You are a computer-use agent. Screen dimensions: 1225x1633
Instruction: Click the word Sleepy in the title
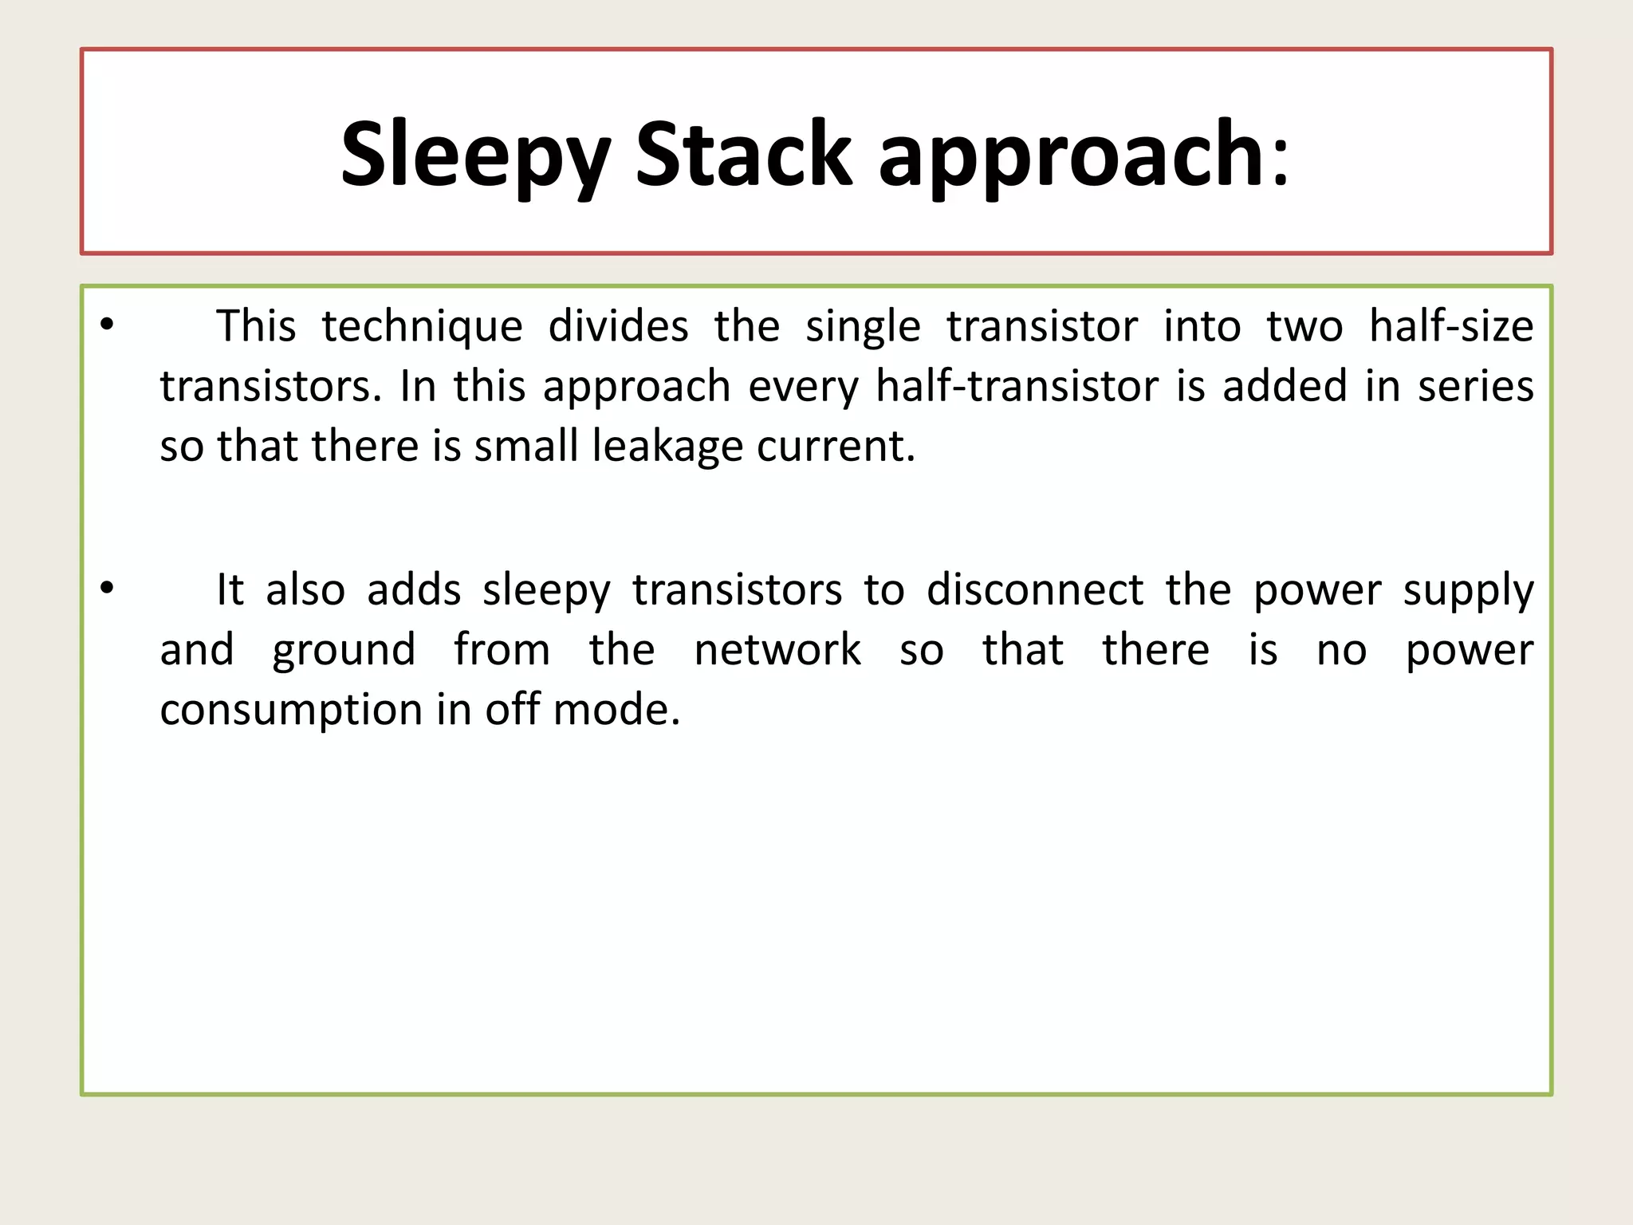pos(475,154)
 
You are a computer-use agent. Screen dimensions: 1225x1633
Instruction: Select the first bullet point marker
pos(108,325)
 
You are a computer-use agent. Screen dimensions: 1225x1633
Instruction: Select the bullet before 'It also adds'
pos(108,589)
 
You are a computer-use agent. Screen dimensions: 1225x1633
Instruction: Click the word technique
pos(422,326)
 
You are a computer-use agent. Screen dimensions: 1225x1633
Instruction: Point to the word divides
pos(618,326)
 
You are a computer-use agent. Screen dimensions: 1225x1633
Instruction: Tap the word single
pos(863,326)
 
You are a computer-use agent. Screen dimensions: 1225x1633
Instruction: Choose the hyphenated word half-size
pos(1451,326)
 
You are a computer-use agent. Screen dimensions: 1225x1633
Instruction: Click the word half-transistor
pos(1017,386)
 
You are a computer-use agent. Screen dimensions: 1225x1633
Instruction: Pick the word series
pos(1475,386)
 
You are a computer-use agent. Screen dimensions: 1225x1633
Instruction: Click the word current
pos(835,446)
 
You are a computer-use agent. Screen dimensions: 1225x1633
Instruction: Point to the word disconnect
pos(1035,590)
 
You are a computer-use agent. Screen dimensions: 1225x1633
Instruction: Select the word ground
pos(344,651)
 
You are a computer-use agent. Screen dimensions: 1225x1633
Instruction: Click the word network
pos(777,650)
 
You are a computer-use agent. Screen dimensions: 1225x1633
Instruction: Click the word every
pos(804,388)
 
